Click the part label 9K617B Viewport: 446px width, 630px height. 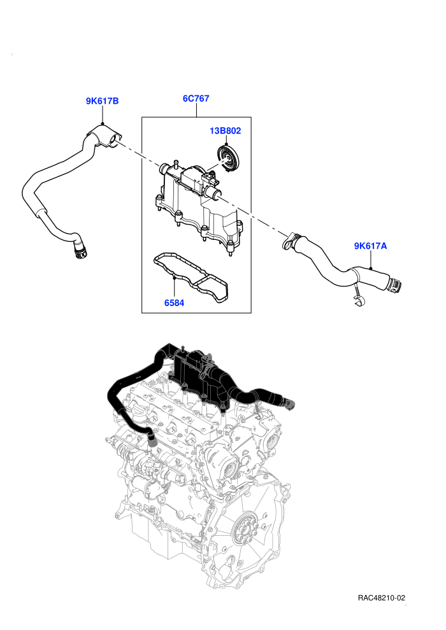[102, 101]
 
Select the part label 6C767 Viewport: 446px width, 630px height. [196, 99]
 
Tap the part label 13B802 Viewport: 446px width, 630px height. [225, 130]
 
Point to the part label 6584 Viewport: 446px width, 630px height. [174, 302]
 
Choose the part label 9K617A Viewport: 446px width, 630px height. [370, 246]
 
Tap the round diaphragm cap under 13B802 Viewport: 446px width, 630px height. [227, 158]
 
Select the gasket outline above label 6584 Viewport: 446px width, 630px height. [191, 277]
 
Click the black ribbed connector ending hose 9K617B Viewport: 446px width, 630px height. [80, 252]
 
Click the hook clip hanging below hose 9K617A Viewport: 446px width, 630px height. [358, 295]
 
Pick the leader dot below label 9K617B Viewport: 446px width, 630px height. [103, 123]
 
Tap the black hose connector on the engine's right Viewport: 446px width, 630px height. [288, 403]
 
